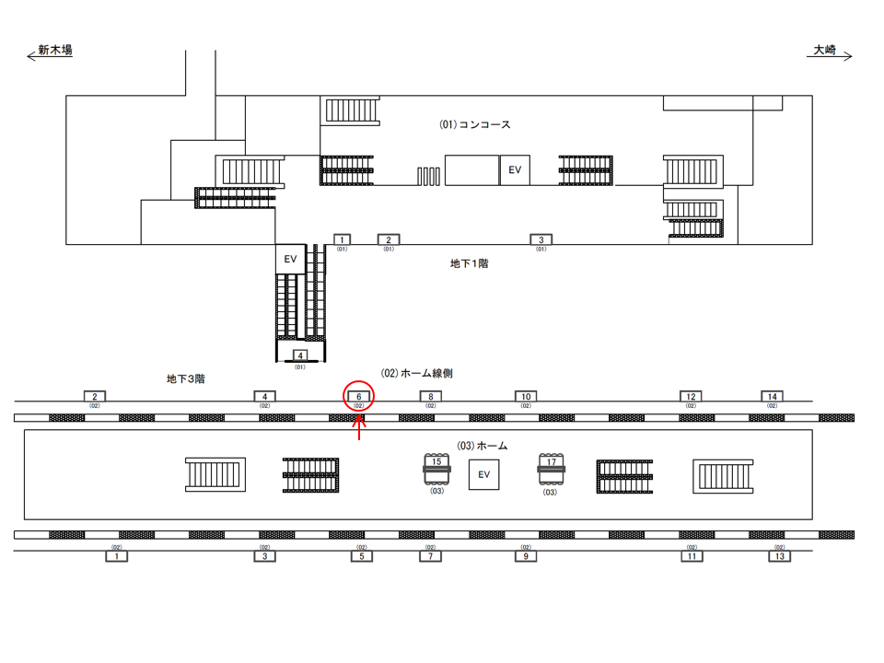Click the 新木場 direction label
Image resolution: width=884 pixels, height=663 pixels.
(x=55, y=52)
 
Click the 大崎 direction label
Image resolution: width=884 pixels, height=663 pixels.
(x=824, y=52)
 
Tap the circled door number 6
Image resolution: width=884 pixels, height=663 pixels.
(x=358, y=397)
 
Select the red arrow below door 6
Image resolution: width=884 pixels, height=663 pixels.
(x=359, y=428)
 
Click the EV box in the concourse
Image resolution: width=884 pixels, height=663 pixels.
(x=515, y=169)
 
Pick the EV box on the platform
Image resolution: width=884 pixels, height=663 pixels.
(x=483, y=475)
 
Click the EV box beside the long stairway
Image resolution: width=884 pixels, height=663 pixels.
(x=290, y=259)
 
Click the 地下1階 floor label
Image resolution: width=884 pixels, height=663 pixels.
(x=469, y=263)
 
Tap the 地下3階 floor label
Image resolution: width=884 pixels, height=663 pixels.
(x=186, y=378)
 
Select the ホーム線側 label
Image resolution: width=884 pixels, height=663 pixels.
(x=416, y=374)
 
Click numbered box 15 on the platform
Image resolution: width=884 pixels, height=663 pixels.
(x=436, y=462)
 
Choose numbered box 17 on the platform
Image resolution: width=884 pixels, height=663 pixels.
(x=551, y=462)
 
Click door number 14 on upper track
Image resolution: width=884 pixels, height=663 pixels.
(x=772, y=397)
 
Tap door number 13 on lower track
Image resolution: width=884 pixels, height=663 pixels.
(x=780, y=556)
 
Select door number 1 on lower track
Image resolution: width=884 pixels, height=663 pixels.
(x=116, y=556)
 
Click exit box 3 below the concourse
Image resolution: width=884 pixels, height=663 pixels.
(x=541, y=239)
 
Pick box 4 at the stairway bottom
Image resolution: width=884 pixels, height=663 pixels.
(x=299, y=355)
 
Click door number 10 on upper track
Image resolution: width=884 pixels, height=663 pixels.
(x=525, y=397)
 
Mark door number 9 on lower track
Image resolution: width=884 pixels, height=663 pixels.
(x=525, y=556)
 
